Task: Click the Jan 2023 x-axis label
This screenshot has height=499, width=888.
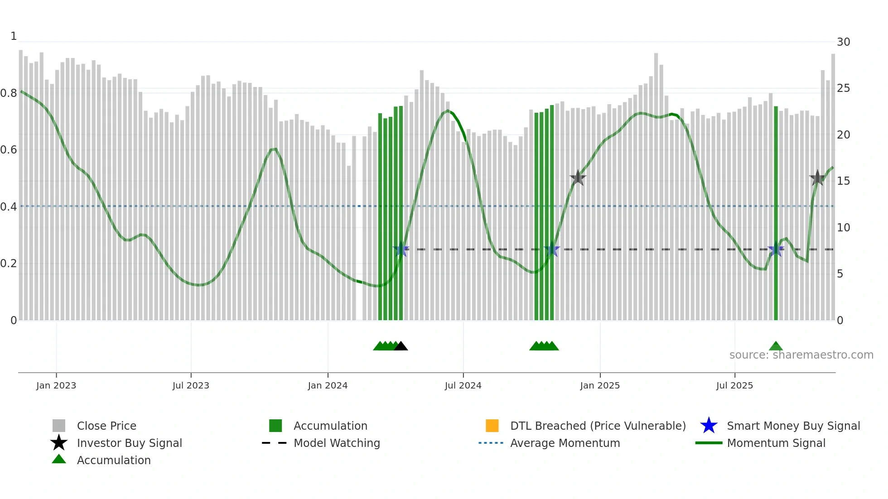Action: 56,386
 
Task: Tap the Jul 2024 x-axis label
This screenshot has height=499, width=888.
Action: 463,386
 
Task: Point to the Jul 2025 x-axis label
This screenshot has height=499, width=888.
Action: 734,386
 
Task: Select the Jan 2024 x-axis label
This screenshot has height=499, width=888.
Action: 328,386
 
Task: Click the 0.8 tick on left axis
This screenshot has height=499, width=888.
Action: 9,93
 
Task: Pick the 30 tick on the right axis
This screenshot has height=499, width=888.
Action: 843,42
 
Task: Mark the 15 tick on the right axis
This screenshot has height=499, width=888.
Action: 843,181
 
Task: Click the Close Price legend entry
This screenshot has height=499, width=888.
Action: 106,426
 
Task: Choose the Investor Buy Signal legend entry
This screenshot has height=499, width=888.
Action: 129,443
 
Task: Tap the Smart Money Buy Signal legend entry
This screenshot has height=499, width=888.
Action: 793,426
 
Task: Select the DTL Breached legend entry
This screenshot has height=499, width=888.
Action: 598,426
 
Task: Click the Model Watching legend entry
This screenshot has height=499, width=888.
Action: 337,443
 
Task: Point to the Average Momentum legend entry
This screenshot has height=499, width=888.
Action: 565,443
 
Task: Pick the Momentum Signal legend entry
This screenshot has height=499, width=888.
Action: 776,443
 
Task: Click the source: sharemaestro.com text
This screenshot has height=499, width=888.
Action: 801,355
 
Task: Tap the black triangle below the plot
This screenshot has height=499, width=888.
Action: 401,346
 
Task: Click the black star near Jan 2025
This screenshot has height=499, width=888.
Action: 578,178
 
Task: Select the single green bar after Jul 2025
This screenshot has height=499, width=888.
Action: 776,213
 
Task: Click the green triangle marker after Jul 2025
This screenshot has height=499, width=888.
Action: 776,346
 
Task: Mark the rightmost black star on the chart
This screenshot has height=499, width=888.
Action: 817,178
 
